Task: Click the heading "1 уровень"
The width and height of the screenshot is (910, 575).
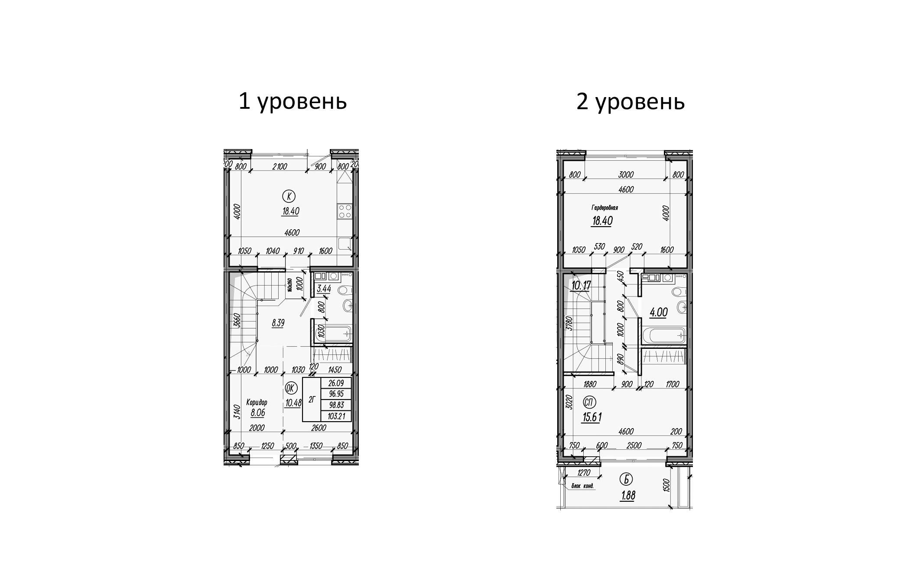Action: (292, 102)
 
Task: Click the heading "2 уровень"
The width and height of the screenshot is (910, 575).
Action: (630, 102)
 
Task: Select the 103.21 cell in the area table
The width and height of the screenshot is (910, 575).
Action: (336, 416)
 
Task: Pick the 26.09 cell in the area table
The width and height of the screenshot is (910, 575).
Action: (336, 383)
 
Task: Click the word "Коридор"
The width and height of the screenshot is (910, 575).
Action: (257, 402)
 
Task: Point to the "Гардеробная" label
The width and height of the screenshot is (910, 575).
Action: (604, 208)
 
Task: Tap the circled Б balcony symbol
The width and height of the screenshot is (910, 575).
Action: (626, 479)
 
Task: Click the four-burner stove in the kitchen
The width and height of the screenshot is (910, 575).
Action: (345, 211)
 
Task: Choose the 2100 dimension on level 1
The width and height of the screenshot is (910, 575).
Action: (279, 166)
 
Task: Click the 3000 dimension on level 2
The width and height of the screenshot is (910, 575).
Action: (626, 175)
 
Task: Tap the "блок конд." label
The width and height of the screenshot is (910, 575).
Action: (583, 486)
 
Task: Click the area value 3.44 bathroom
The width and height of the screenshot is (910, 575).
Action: (324, 289)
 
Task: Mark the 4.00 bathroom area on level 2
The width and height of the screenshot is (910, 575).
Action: (658, 312)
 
